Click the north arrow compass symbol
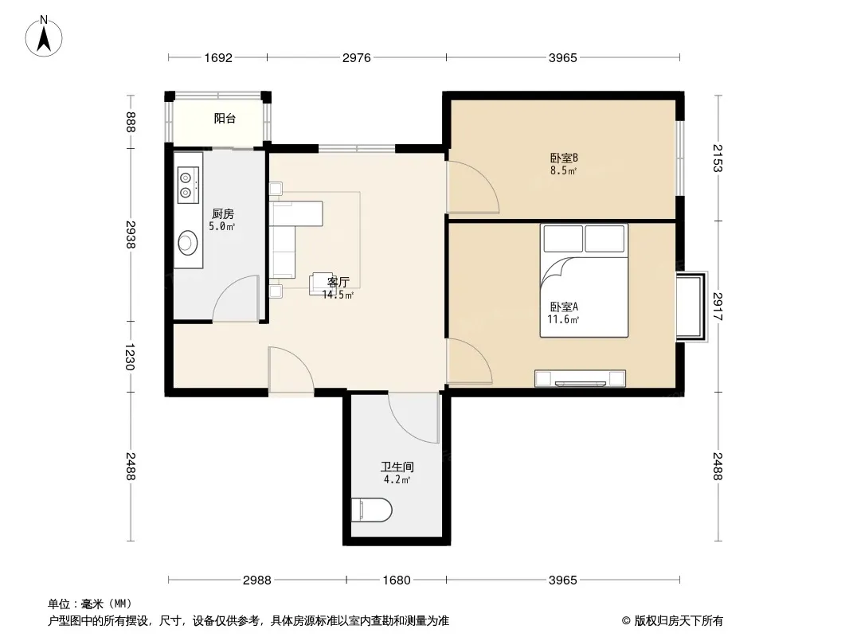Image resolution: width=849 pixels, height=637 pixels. click(x=44, y=37)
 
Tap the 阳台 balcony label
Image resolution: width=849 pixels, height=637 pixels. click(x=225, y=119)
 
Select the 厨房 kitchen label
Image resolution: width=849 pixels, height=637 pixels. click(x=222, y=213)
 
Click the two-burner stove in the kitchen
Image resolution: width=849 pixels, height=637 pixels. click(x=188, y=185)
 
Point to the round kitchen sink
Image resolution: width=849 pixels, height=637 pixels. click(x=188, y=242)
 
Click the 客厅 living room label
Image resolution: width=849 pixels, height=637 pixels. click(x=338, y=282)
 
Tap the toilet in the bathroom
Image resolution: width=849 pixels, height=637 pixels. click(x=371, y=510)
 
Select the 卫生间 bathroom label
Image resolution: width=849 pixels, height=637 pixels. click(x=397, y=467)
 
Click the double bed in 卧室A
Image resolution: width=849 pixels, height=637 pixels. click(x=584, y=280)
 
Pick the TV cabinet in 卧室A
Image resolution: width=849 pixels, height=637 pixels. click(x=580, y=378)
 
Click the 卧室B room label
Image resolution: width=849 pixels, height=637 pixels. click(x=564, y=158)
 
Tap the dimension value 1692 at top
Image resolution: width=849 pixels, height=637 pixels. click(x=218, y=58)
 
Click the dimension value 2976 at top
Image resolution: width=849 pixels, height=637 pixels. click(x=356, y=58)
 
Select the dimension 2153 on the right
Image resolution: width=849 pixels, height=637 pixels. click(x=718, y=158)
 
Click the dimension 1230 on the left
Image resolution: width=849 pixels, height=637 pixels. click(x=129, y=357)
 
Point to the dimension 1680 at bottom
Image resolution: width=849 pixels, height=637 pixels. click(x=397, y=580)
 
